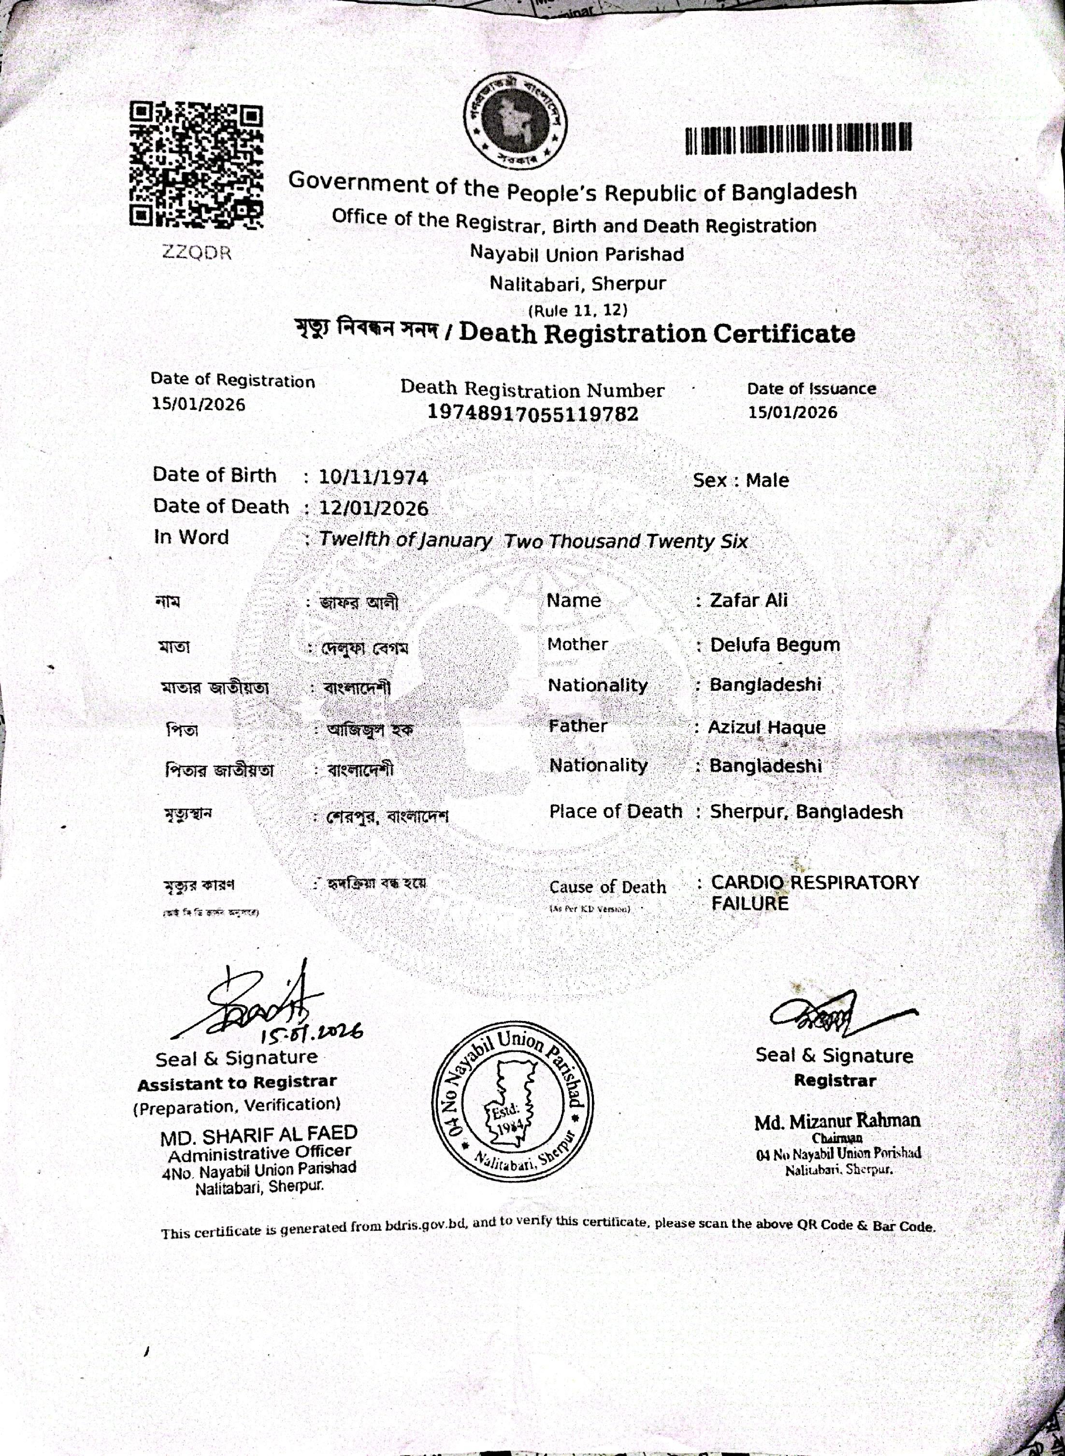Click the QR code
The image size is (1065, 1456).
click(x=197, y=165)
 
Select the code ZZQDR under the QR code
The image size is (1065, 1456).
click(x=197, y=253)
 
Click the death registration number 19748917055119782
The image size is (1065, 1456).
click(x=532, y=413)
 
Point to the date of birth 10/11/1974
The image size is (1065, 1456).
click(x=373, y=477)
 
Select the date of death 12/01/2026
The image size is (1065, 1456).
click(x=373, y=508)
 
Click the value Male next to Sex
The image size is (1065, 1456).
click(x=767, y=480)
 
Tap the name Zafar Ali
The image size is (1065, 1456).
click(x=748, y=600)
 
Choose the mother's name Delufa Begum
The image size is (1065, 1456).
click(x=775, y=645)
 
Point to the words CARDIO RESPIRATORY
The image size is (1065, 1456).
click(x=815, y=882)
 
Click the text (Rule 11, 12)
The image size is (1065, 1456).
click(x=577, y=310)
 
